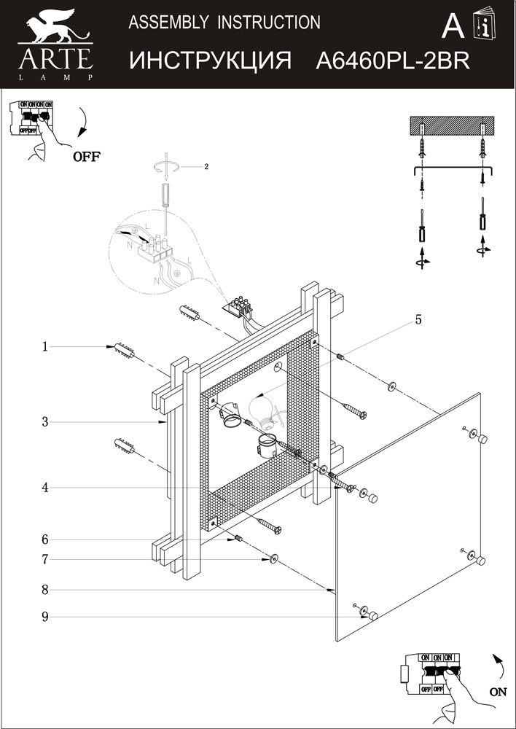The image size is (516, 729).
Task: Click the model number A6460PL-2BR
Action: [x=392, y=61]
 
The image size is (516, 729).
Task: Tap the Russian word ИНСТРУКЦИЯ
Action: [x=211, y=61]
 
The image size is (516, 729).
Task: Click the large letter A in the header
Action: [x=453, y=27]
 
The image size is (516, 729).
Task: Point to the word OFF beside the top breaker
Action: [x=86, y=156]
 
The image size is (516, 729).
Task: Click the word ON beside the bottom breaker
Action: [x=499, y=693]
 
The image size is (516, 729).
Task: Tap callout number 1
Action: [x=45, y=347]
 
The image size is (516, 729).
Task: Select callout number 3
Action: [x=45, y=421]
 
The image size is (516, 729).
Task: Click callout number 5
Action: [x=418, y=319]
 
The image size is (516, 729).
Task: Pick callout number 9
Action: [x=45, y=617]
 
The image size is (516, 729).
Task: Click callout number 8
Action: [x=45, y=589]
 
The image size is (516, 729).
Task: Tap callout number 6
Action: [x=45, y=539]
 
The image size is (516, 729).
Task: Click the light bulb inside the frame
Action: [x=261, y=406]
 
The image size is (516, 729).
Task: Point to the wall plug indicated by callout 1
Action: [x=122, y=351]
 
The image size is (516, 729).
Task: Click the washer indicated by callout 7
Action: [x=274, y=559]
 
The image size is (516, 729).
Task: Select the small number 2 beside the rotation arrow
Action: [x=206, y=167]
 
